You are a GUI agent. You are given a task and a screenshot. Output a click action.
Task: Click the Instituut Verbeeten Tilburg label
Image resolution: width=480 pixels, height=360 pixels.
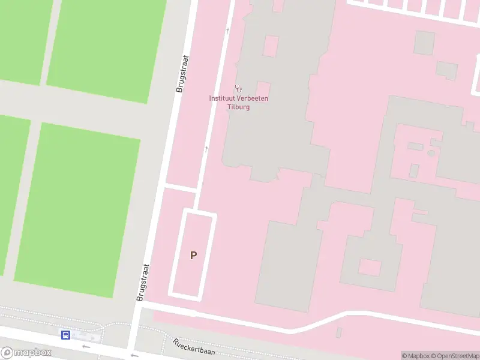238,103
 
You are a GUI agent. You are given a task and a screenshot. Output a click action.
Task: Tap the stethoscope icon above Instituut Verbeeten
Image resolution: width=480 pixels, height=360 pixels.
238,88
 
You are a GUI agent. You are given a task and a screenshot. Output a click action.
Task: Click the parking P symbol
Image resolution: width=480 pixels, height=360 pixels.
193,255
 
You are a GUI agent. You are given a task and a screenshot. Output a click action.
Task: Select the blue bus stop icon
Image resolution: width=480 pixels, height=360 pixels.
65,335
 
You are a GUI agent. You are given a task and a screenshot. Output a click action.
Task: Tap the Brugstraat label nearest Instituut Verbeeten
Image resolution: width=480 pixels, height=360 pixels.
182,74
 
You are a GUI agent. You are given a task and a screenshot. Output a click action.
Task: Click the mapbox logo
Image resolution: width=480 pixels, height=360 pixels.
26,353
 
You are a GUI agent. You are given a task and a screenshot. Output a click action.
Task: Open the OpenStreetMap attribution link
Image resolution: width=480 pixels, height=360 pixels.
454,356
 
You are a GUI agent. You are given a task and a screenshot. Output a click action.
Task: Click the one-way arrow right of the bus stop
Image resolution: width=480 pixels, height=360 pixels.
86,346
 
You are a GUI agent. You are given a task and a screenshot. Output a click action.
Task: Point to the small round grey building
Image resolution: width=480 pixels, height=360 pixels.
431,152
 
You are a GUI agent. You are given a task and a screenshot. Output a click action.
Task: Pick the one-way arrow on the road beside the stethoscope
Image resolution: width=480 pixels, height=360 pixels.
227,30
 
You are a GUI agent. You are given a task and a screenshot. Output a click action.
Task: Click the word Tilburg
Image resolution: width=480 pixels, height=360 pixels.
238,107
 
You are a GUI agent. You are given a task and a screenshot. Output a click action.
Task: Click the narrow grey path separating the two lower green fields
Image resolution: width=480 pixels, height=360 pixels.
23,198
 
